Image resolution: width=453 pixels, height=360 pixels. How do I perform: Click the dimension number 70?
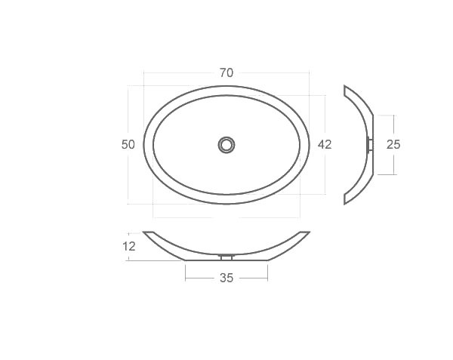coord(226,73)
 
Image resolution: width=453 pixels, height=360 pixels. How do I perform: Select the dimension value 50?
coord(128,144)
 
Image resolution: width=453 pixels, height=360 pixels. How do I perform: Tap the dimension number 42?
coord(325,144)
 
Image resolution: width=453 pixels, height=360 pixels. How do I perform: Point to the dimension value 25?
coord(393,144)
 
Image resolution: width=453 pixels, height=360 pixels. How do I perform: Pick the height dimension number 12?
coord(128,246)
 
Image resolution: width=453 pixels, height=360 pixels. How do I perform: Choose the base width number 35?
coord(226,278)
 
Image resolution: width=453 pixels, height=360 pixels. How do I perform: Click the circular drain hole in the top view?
coord(226,144)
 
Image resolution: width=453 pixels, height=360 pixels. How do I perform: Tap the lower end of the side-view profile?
coord(346,201)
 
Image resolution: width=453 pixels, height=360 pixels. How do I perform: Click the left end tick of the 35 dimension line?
coord(186,278)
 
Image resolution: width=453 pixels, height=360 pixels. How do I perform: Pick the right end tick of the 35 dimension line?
coord(267,278)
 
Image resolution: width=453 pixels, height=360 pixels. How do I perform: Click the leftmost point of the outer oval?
coord(143,144)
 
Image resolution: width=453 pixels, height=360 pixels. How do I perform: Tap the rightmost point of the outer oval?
coord(310,144)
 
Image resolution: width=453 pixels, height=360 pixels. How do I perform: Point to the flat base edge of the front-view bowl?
coord(226,260)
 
